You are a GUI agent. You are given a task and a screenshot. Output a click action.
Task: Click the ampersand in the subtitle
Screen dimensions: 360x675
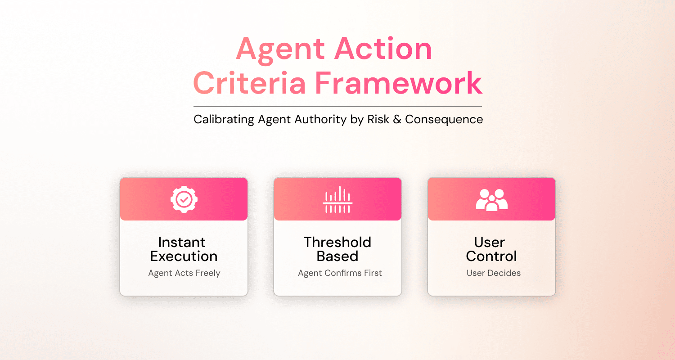pos(397,119)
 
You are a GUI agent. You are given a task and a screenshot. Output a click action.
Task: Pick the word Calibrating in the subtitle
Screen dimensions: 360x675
pos(224,119)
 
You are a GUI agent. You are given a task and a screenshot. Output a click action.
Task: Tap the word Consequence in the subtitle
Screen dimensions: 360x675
pos(444,119)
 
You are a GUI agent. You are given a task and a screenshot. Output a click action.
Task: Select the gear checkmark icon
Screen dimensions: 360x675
pos(184,199)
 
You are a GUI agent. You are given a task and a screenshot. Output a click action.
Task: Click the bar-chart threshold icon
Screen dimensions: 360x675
pos(337,199)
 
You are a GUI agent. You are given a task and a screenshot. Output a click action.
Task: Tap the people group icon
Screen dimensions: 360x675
pos(491,199)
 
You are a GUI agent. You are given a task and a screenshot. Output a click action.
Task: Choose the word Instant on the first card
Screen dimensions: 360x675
pos(182,242)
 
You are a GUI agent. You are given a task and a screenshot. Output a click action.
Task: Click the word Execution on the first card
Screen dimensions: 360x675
pos(184,256)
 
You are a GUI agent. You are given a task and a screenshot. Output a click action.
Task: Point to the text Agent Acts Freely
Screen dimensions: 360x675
pos(184,273)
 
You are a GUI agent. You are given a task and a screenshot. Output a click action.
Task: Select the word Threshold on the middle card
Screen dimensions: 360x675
pos(337,242)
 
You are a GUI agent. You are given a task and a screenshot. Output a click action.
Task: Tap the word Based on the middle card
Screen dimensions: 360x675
pos(337,256)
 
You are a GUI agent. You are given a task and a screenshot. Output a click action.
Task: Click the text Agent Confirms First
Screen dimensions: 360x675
pos(340,273)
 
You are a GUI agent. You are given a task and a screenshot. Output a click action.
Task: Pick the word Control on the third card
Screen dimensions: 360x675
pos(491,256)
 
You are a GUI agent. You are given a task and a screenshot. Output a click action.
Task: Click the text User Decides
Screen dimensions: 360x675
pos(494,273)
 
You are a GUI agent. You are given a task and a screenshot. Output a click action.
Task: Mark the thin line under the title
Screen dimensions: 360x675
pos(337,107)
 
